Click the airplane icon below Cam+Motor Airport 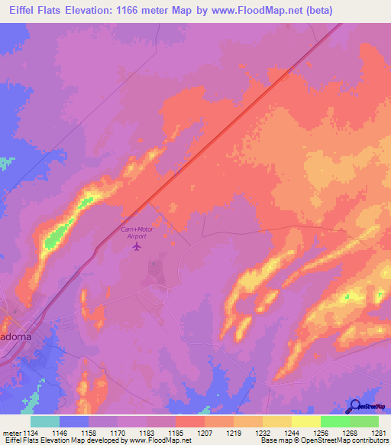(137, 246)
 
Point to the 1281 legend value (378, 433)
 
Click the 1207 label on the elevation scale (204, 433)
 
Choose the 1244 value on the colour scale (291, 433)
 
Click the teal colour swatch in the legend (44, 421)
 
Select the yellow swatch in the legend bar (305, 421)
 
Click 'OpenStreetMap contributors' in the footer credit (348, 441)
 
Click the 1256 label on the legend (320, 433)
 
